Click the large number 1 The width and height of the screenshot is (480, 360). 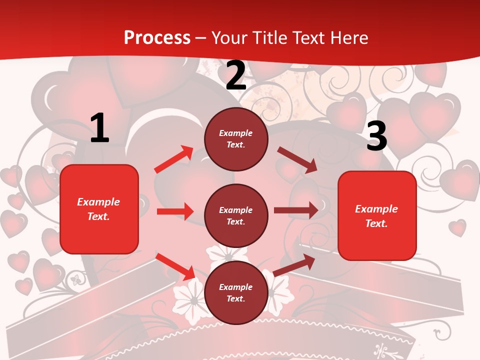click(x=99, y=128)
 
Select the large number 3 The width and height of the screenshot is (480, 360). click(x=376, y=136)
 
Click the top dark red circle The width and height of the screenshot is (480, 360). click(x=236, y=139)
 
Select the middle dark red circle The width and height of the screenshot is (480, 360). click(x=236, y=215)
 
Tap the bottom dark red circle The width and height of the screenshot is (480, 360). click(x=236, y=292)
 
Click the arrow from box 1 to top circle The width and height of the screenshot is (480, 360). click(x=174, y=159)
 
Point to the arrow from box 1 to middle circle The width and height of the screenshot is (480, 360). click(x=175, y=211)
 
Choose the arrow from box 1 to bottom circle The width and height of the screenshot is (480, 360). click(x=175, y=266)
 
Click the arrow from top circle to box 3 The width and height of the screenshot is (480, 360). click(x=297, y=159)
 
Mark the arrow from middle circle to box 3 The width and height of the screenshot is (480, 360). click(x=296, y=210)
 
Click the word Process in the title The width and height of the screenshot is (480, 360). click(x=157, y=38)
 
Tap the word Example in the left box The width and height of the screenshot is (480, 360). click(x=98, y=202)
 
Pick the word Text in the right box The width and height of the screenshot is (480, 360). click(x=376, y=223)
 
